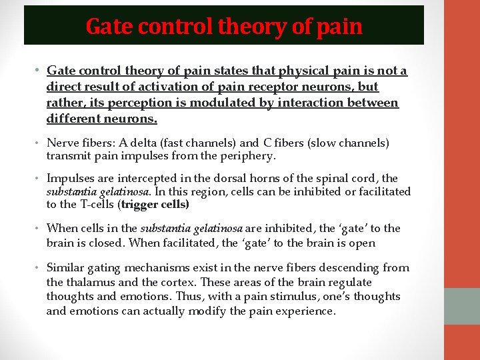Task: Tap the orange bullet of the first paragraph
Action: click(x=39, y=71)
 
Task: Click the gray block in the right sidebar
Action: click(x=461, y=306)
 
